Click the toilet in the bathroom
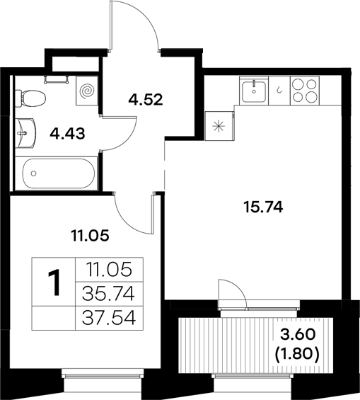[x=31, y=93]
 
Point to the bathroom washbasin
[x=27, y=130]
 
